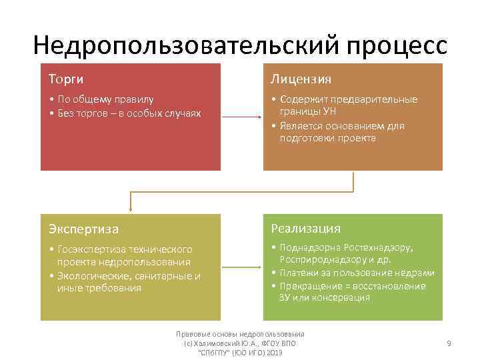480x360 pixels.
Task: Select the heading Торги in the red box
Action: (x=66, y=79)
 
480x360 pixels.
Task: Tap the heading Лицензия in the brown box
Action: (x=301, y=79)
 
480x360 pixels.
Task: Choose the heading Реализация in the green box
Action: (x=305, y=229)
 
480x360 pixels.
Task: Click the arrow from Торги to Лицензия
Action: (x=241, y=117)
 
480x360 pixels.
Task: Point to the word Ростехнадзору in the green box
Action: (x=378, y=247)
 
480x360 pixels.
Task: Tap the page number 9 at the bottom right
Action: (x=449, y=343)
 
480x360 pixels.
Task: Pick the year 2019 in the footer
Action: (x=273, y=352)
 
